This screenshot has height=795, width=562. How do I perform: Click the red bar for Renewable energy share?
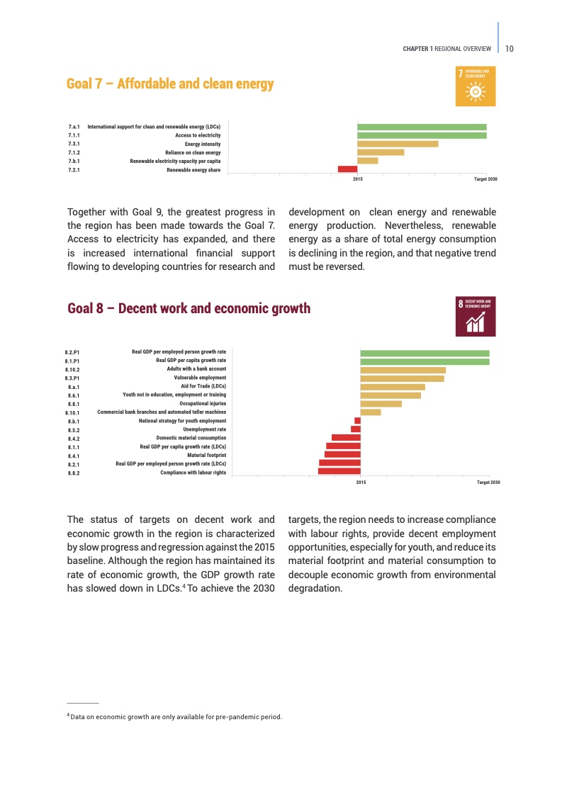point(347,169)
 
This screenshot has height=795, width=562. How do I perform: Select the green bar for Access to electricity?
point(422,135)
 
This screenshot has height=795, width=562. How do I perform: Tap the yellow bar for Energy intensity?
point(398,144)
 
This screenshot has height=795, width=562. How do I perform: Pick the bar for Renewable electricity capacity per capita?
point(367,160)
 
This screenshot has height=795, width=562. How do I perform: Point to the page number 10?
point(510,48)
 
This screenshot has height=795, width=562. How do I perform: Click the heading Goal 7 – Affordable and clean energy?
point(170,84)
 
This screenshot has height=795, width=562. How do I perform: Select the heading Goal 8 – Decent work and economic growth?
point(189,308)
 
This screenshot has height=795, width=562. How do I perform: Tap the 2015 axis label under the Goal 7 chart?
point(357,179)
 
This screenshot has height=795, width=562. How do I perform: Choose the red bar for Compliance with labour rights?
point(339,471)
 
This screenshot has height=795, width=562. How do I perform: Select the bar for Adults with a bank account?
point(403,370)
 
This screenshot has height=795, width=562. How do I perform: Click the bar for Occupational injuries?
point(381,404)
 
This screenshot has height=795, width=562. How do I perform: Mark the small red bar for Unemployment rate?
point(356,429)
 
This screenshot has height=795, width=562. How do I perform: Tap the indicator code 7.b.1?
point(74,161)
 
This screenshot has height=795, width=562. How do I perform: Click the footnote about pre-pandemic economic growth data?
point(175,716)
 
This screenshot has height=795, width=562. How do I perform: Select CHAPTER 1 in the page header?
point(417,49)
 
